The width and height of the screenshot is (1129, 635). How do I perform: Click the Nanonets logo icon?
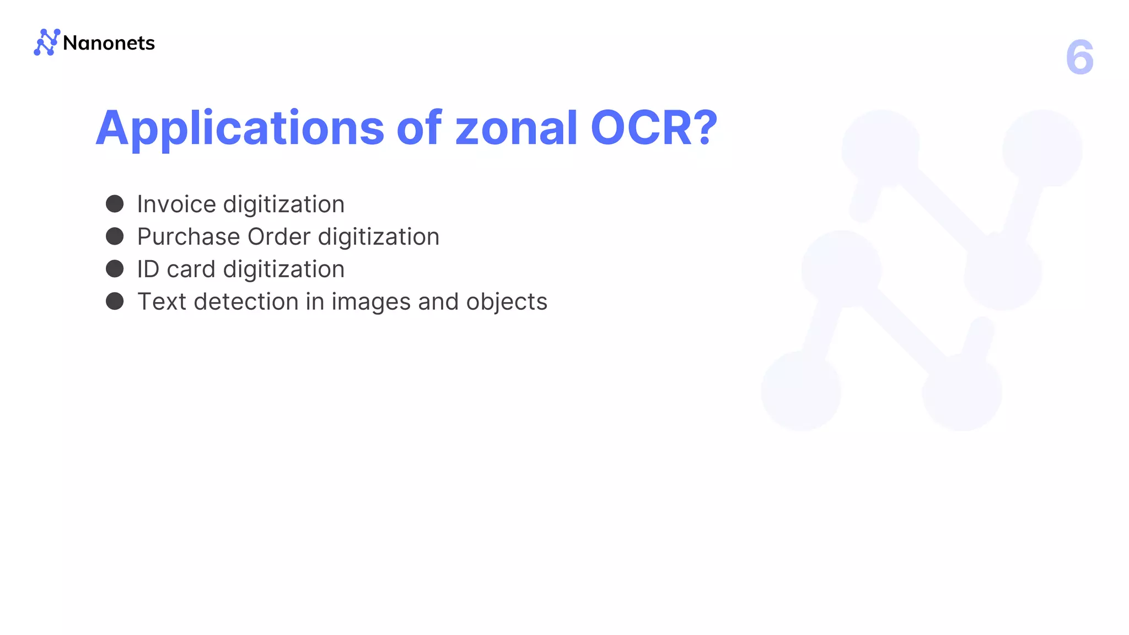[47, 42]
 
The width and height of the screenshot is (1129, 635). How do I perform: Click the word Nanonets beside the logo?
[109, 43]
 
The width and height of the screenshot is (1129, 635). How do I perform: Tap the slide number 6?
[1079, 57]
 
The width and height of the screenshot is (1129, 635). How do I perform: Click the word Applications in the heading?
[240, 129]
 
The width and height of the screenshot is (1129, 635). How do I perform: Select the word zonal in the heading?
[516, 128]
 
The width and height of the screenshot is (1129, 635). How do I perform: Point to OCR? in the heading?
[654, 128]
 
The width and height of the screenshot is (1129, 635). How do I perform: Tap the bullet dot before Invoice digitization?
[115, 203]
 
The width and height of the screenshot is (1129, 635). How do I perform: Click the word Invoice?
[176, 205]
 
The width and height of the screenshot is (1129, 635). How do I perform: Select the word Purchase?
[189, 237]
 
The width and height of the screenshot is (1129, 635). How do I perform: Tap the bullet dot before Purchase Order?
[115, 236]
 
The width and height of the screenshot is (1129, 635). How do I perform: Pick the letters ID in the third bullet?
[148, 270]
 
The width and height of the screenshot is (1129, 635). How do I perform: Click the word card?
[191, 270]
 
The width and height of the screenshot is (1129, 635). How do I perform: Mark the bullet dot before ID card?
[115, 269]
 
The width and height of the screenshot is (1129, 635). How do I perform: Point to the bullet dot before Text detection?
[115, 302]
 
